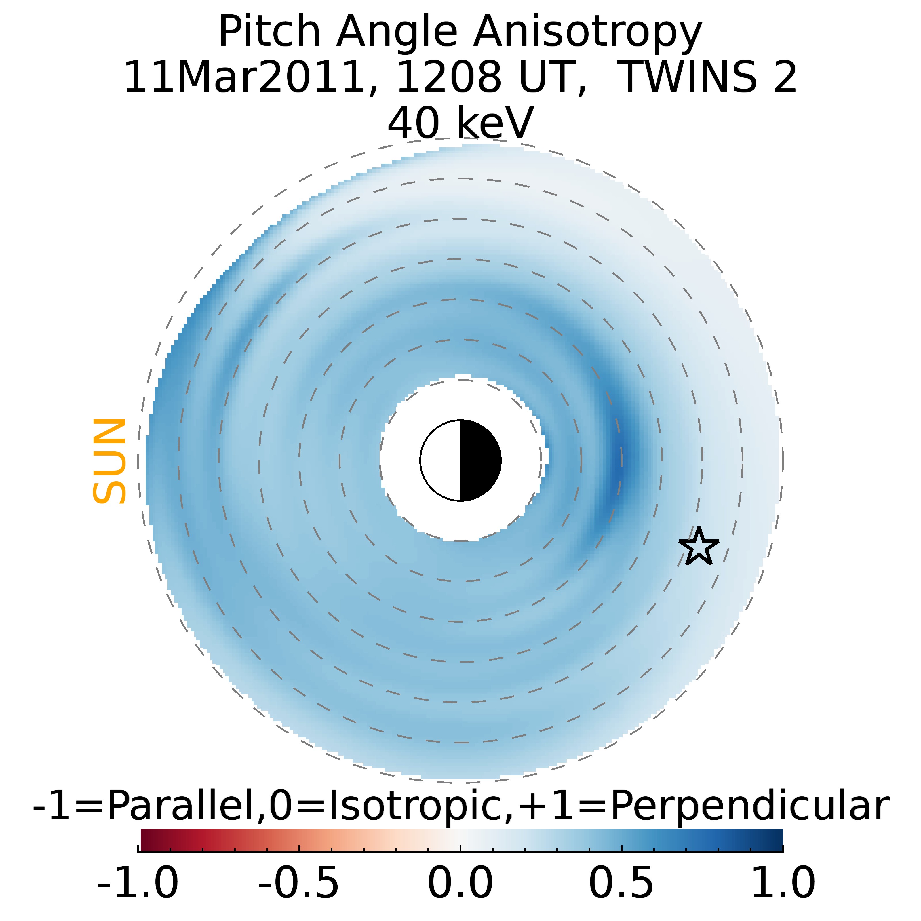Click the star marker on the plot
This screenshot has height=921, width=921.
tap(699, 547)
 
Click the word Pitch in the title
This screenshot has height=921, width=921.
tap(269, 33)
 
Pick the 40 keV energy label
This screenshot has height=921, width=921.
tap(460, 123)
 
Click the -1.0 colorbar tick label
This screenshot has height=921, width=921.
tap(138, 883)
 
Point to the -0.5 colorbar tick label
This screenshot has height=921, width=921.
tap(299, 883)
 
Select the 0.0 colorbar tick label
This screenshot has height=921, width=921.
tap(460, 883)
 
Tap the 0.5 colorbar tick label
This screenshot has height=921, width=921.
tap(621, 883)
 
